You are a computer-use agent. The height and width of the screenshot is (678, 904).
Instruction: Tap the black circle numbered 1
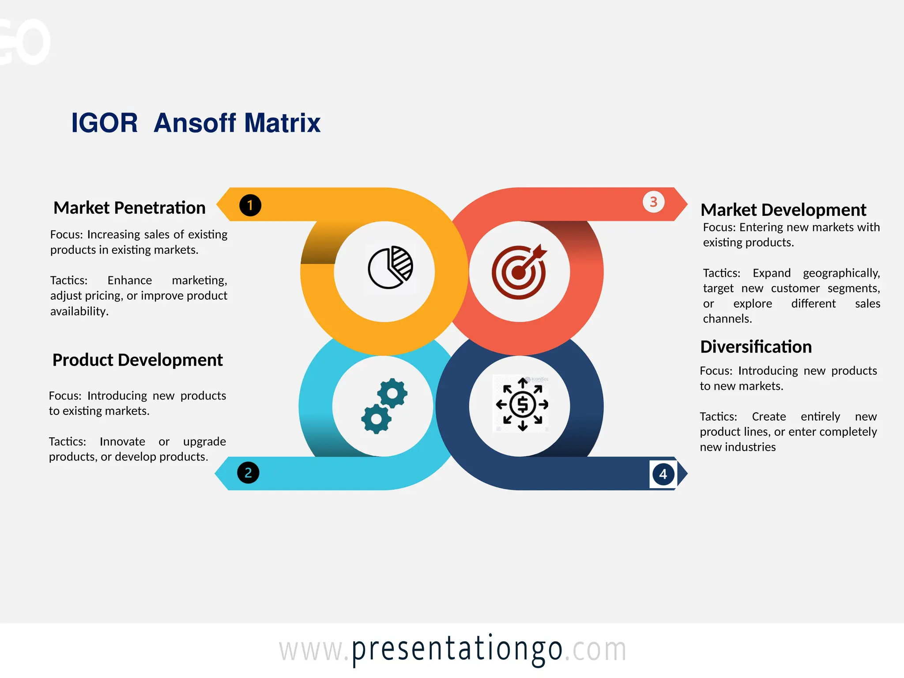coord(250,205)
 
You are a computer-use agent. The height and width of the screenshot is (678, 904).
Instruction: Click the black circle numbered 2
coord(248,473)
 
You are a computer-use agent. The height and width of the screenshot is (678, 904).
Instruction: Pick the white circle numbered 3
coord(653,202)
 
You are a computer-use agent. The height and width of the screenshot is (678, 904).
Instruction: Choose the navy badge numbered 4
coord(663,475)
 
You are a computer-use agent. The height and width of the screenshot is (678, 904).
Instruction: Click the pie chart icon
coord(390,268)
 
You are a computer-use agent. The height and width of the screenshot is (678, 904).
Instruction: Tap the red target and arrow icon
coord(519,272)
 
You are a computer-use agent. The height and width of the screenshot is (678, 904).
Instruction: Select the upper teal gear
coord(392,393)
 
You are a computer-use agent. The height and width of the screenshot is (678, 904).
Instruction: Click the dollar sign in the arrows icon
coord(523,404)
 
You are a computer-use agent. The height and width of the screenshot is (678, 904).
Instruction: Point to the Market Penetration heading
coord(129,208)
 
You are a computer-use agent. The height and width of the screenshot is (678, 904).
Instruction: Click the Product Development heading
coord(137,360)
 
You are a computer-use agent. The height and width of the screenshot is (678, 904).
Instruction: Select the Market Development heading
coord(783,210)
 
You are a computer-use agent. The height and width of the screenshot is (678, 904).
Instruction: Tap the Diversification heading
coord(756,347)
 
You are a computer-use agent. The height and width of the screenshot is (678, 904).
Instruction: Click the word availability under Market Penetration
coord(79,312)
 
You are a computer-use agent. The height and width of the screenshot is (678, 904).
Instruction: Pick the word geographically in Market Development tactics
coord(841,273)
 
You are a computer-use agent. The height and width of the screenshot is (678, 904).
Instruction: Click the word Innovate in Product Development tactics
coord(122,442)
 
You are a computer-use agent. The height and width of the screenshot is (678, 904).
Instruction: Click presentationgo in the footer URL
coord(457,649)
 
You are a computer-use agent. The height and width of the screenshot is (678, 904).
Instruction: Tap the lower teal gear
coord(376,418)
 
